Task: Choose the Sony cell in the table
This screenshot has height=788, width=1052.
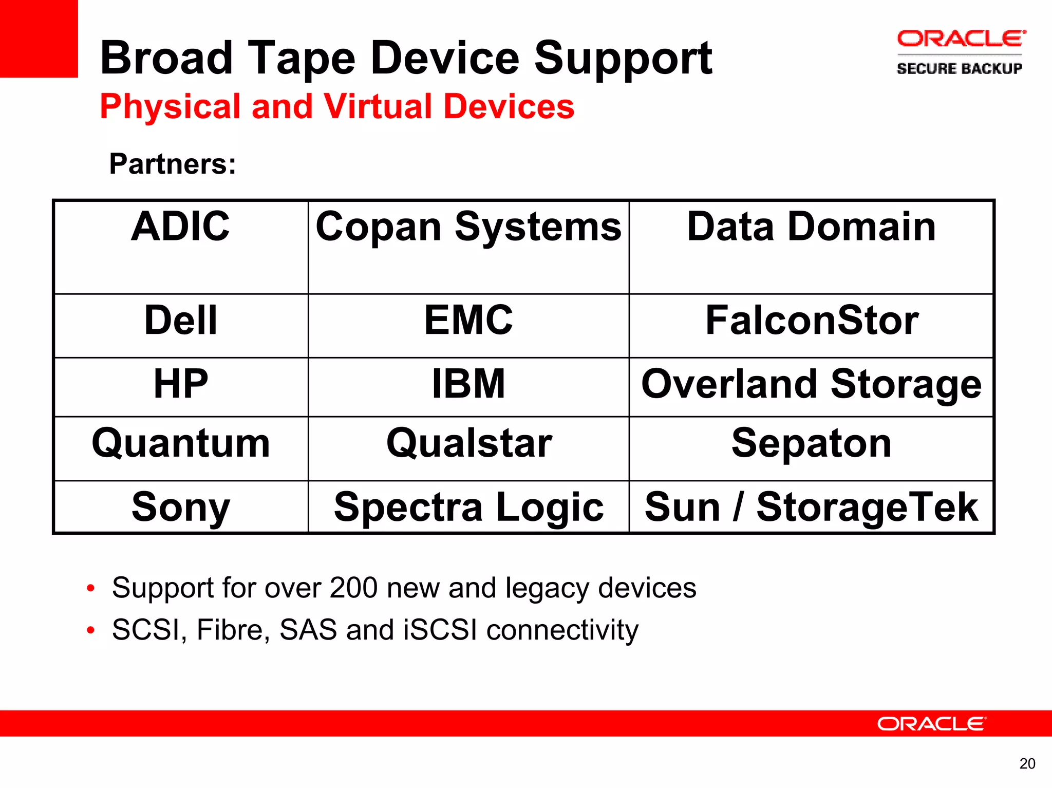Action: (180, 507)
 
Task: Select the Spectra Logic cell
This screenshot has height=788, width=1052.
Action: (468, 507)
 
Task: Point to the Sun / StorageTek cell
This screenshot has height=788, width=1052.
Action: (811, 507)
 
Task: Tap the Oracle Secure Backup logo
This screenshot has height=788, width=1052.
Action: (960, 52)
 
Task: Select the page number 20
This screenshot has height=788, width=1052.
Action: (1027, 764)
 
